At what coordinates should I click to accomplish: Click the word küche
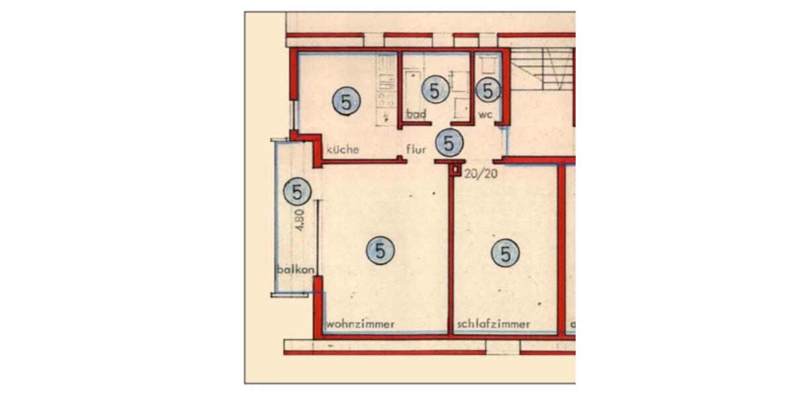[x=343, y=150]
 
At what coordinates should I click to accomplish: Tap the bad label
[x=416, y=114]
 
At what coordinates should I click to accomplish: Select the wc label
[x=486, y=114]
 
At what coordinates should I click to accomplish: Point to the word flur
[x=416, y=150]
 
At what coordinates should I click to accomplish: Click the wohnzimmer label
[x=361, y=324]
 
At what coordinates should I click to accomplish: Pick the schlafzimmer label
[x=494, y=324]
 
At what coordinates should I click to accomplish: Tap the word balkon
[x=294, y=269]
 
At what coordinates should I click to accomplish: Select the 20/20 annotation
[x=481, y=174]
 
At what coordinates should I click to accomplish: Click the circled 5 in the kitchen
[x=346, y=102]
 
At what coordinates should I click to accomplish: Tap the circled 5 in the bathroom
[x=435, y=90]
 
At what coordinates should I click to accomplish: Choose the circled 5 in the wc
[x=488, y=91]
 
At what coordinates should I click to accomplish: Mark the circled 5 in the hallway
[x=449, y=142]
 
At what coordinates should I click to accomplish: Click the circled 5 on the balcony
[x=297, y=193]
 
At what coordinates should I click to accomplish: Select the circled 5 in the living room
[x=380, y=251]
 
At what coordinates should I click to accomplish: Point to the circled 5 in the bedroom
[x=506, y=253]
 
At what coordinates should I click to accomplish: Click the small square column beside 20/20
[x=456, y=170]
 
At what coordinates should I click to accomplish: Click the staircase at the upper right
[x=543, y=69]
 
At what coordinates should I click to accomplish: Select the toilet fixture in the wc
[x=488, y=66]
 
